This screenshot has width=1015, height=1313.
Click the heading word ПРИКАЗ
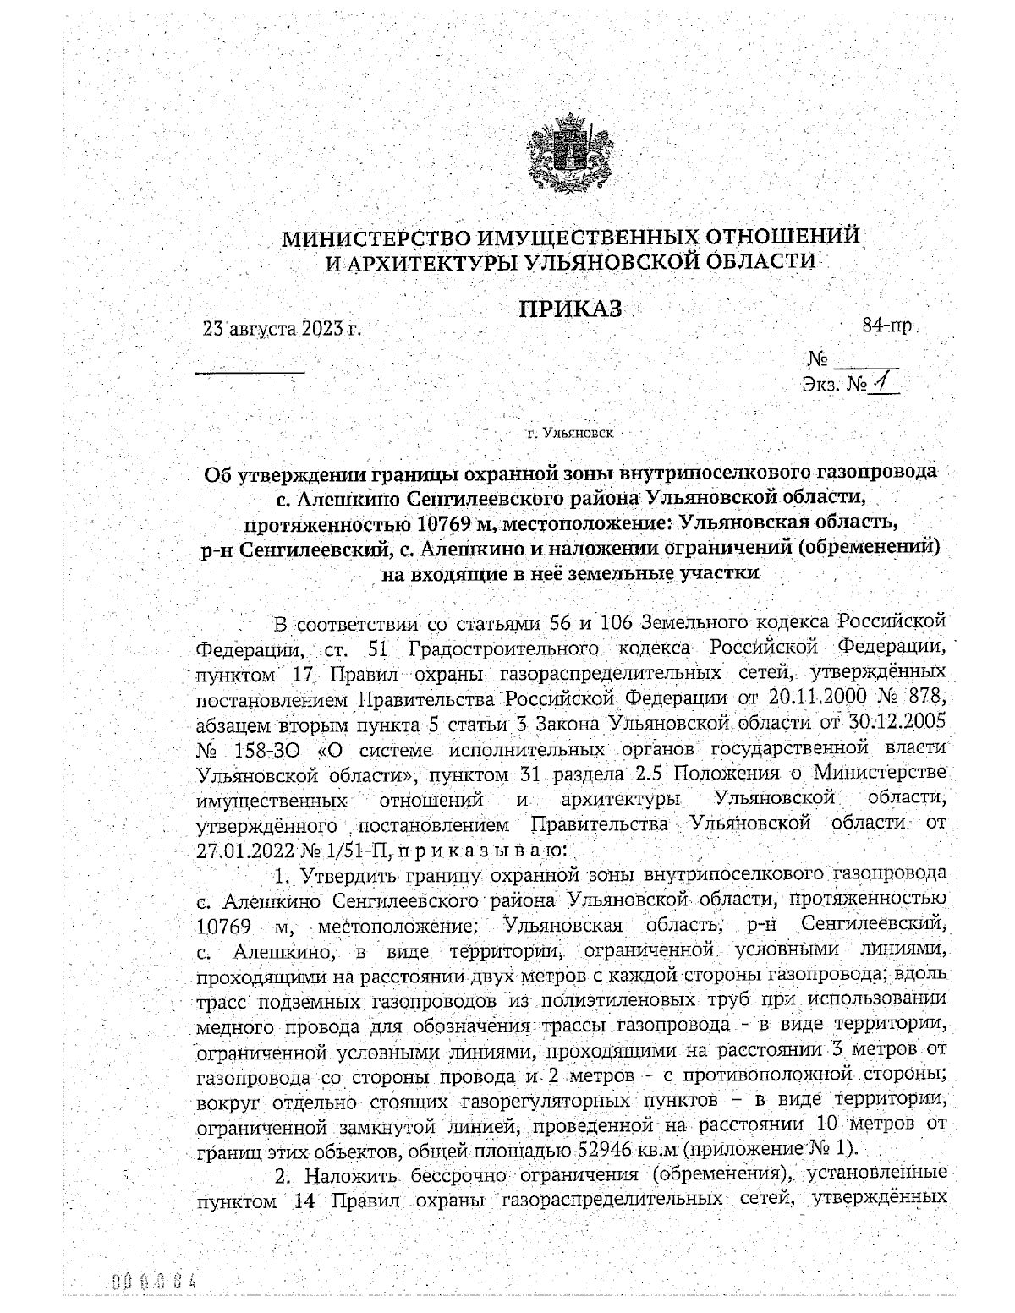click(x=571, y=309)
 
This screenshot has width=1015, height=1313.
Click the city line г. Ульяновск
click(x=570, y=434)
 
